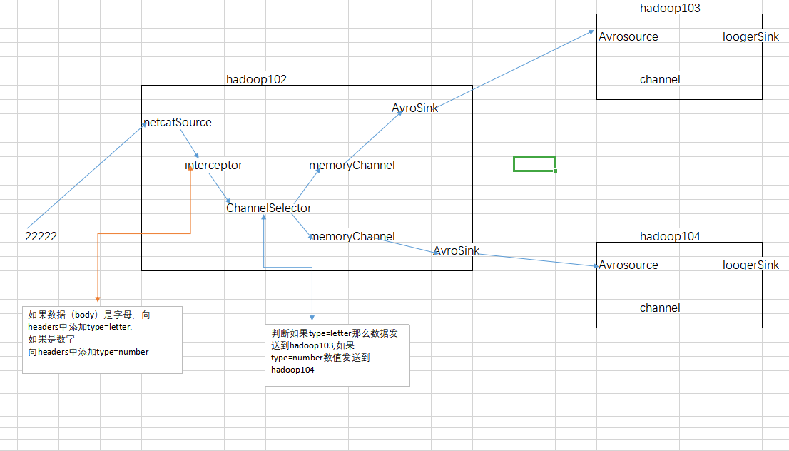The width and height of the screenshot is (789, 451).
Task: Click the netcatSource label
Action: [178, 123]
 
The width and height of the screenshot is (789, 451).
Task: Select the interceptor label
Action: [213, 166]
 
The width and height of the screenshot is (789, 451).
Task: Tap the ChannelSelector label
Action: [269, 208]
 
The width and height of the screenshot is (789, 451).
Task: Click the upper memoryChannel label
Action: [352, 166]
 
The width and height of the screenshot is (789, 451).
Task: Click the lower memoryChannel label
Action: [352, 237]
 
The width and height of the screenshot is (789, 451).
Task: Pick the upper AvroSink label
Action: [414, 108]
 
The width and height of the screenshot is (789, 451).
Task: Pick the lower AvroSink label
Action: [456, 251]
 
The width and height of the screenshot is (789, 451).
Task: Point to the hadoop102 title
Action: [256, 80]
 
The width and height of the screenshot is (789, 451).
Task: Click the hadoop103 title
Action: [671, 8]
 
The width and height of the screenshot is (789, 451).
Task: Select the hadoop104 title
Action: [671, 236]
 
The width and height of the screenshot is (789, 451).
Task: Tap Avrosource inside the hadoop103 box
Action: [628, 37]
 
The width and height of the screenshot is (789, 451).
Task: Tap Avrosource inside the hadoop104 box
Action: [628, 265]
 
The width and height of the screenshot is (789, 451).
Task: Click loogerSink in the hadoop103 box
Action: [750, 37]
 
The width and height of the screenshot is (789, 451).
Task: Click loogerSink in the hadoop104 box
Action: [750, 265]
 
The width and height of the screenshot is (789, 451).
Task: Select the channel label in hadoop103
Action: [660, 80]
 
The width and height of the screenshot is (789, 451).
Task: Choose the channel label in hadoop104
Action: [660, 308]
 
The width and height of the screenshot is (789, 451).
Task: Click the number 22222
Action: [41, 237]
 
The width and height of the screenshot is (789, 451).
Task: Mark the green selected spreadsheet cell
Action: [534, 164]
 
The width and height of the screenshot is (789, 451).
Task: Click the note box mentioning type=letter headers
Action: [102, 339]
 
